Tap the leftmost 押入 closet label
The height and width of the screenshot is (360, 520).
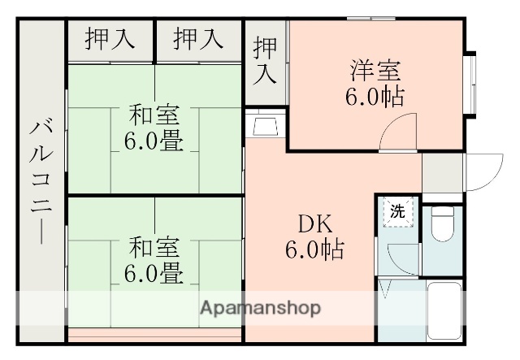point(109,39)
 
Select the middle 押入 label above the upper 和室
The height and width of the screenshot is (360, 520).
point(197,39)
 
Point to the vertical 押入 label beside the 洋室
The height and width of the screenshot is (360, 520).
point(265,60)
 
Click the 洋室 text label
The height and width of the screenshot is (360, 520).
point(375,70)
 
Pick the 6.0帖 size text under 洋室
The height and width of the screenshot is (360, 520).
point(375,97)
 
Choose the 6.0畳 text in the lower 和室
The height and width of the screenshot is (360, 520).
point(153,273)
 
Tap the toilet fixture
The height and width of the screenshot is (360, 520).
point(444,224)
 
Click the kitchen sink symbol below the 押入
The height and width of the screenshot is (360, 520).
point(266,126)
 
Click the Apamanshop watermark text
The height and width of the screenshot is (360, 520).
point(260,308)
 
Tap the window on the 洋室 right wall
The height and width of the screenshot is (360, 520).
point(469,85)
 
